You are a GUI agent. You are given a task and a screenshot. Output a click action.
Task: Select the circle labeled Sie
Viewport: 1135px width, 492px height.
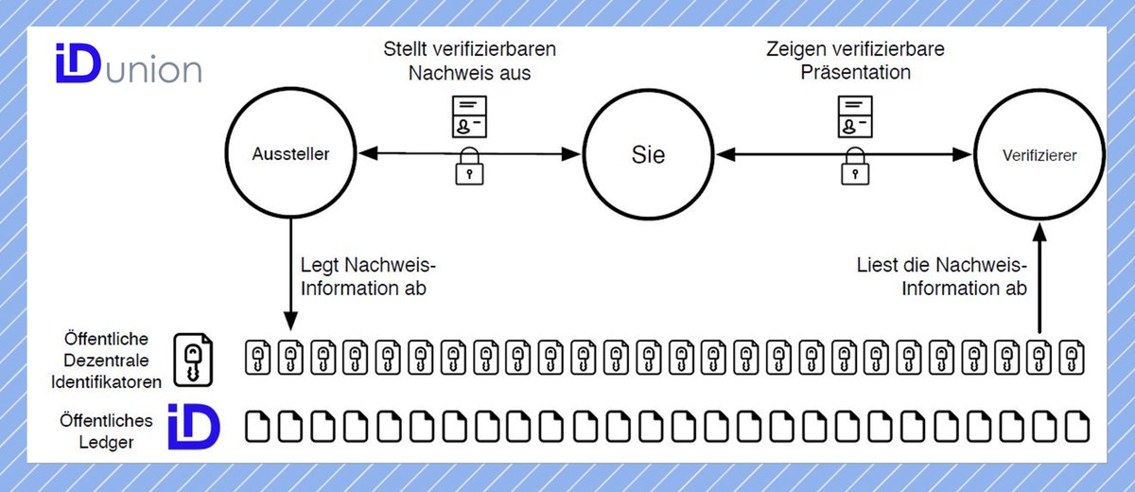648,153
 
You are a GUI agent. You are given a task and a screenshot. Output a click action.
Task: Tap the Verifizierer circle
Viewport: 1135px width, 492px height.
1039,153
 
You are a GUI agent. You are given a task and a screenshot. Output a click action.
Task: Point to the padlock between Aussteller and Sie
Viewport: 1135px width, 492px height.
469,167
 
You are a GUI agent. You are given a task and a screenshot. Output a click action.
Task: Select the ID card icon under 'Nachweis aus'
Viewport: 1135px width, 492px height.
468,117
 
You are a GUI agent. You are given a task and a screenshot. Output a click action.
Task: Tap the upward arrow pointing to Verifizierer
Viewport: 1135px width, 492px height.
1039,274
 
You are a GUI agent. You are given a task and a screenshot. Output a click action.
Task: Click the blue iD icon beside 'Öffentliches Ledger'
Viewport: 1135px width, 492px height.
193,428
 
